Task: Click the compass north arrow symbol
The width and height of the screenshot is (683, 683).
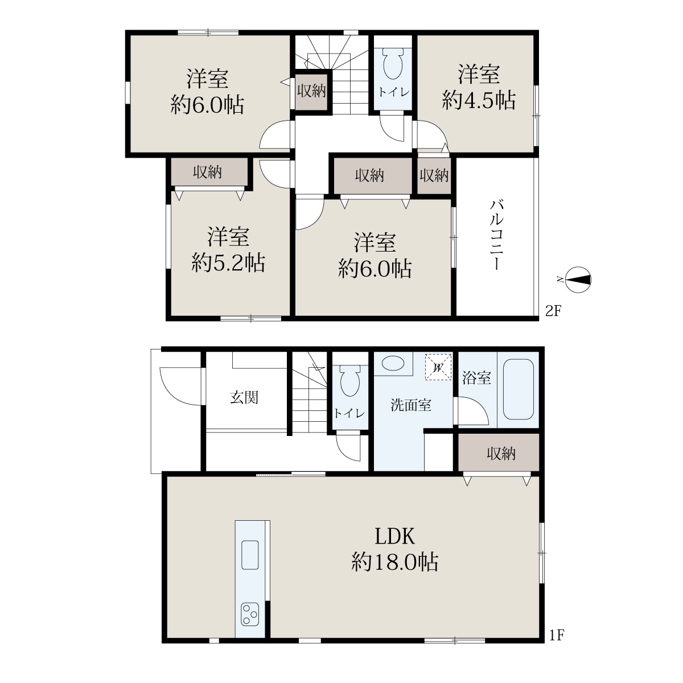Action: pos(578,279)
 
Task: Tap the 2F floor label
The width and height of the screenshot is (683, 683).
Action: pos(553,311)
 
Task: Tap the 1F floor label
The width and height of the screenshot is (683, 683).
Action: pos(557,635)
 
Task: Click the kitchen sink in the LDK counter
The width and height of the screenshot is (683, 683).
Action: pos(250,555)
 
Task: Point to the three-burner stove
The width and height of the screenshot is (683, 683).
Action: pos(250,614)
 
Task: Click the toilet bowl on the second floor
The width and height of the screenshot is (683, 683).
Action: pos(393,64)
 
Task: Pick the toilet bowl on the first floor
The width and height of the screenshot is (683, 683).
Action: pos(350,381)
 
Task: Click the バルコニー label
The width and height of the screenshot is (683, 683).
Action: pos(496,235)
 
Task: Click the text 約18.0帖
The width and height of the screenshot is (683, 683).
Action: pos(395,562)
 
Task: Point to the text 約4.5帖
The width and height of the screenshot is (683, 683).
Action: pos(479,100)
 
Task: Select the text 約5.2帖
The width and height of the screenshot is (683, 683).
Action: pos(228,262)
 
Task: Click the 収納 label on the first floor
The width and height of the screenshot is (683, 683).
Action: pos(501,453)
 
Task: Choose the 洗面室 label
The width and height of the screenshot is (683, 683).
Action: pos(411,405)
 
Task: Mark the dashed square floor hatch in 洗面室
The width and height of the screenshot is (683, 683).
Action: pos(438,367)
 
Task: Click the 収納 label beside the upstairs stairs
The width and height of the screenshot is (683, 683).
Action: pos(311,91)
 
